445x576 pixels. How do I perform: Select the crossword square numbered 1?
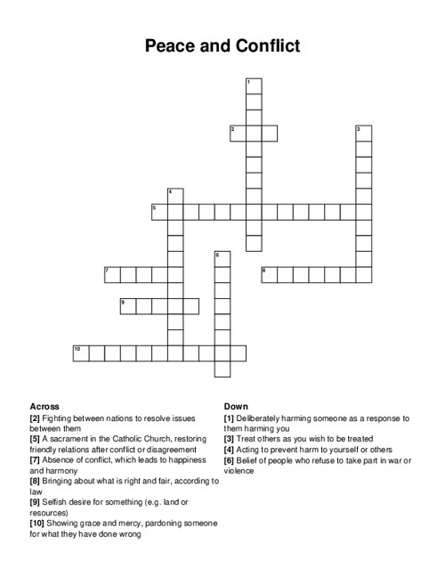[x=254, y=85]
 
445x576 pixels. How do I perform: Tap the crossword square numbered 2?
[x=238, y=134]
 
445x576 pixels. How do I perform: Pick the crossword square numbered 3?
[x=363, y=134]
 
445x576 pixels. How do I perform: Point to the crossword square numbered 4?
[x=174, y=196]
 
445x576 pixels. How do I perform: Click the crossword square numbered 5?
[x=159, y=212]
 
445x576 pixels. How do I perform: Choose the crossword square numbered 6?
[x=222, y=259]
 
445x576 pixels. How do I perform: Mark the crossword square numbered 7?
[x=112, y=274]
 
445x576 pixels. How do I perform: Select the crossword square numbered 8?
[x=269, y=274]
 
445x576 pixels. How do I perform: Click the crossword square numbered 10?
[x=81, y=353]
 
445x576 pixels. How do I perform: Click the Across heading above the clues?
[x=44, y=406]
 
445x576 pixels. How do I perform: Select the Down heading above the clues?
[x=236, y=406]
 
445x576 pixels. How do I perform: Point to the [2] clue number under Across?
[x=36, y=418]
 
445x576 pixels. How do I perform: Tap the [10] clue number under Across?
[x=37, y=524]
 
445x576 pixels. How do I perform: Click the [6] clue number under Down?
[x=230, y=460]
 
